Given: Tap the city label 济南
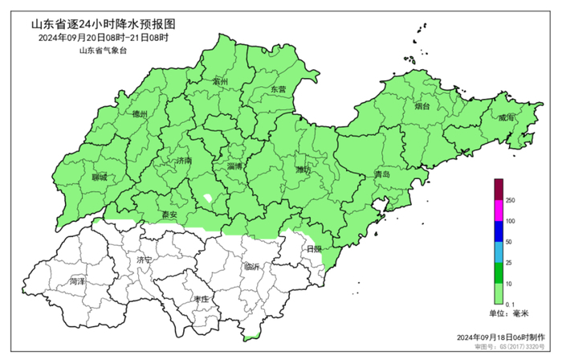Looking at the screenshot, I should (x=184, y=162).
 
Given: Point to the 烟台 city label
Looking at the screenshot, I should (x=422, y=106).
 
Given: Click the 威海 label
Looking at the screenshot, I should (x=506, y=117).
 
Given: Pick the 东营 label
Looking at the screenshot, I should (x=279, y=89).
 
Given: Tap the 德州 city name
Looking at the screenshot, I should (x=140, y=115).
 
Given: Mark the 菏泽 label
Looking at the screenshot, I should (x=78, y=282).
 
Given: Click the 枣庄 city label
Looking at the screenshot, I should (x=201, y=299).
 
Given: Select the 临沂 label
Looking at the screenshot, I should (x=253, y=267).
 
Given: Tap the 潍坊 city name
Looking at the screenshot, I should (x=303, y=170).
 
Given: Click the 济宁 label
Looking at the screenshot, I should (x=145, y=261).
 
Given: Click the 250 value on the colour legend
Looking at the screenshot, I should (x=510, y=200).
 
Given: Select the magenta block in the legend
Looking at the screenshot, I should (x=499, y=211).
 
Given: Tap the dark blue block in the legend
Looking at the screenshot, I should (x=499, y=231).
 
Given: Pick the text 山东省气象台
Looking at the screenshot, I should (x=103, y=51).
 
